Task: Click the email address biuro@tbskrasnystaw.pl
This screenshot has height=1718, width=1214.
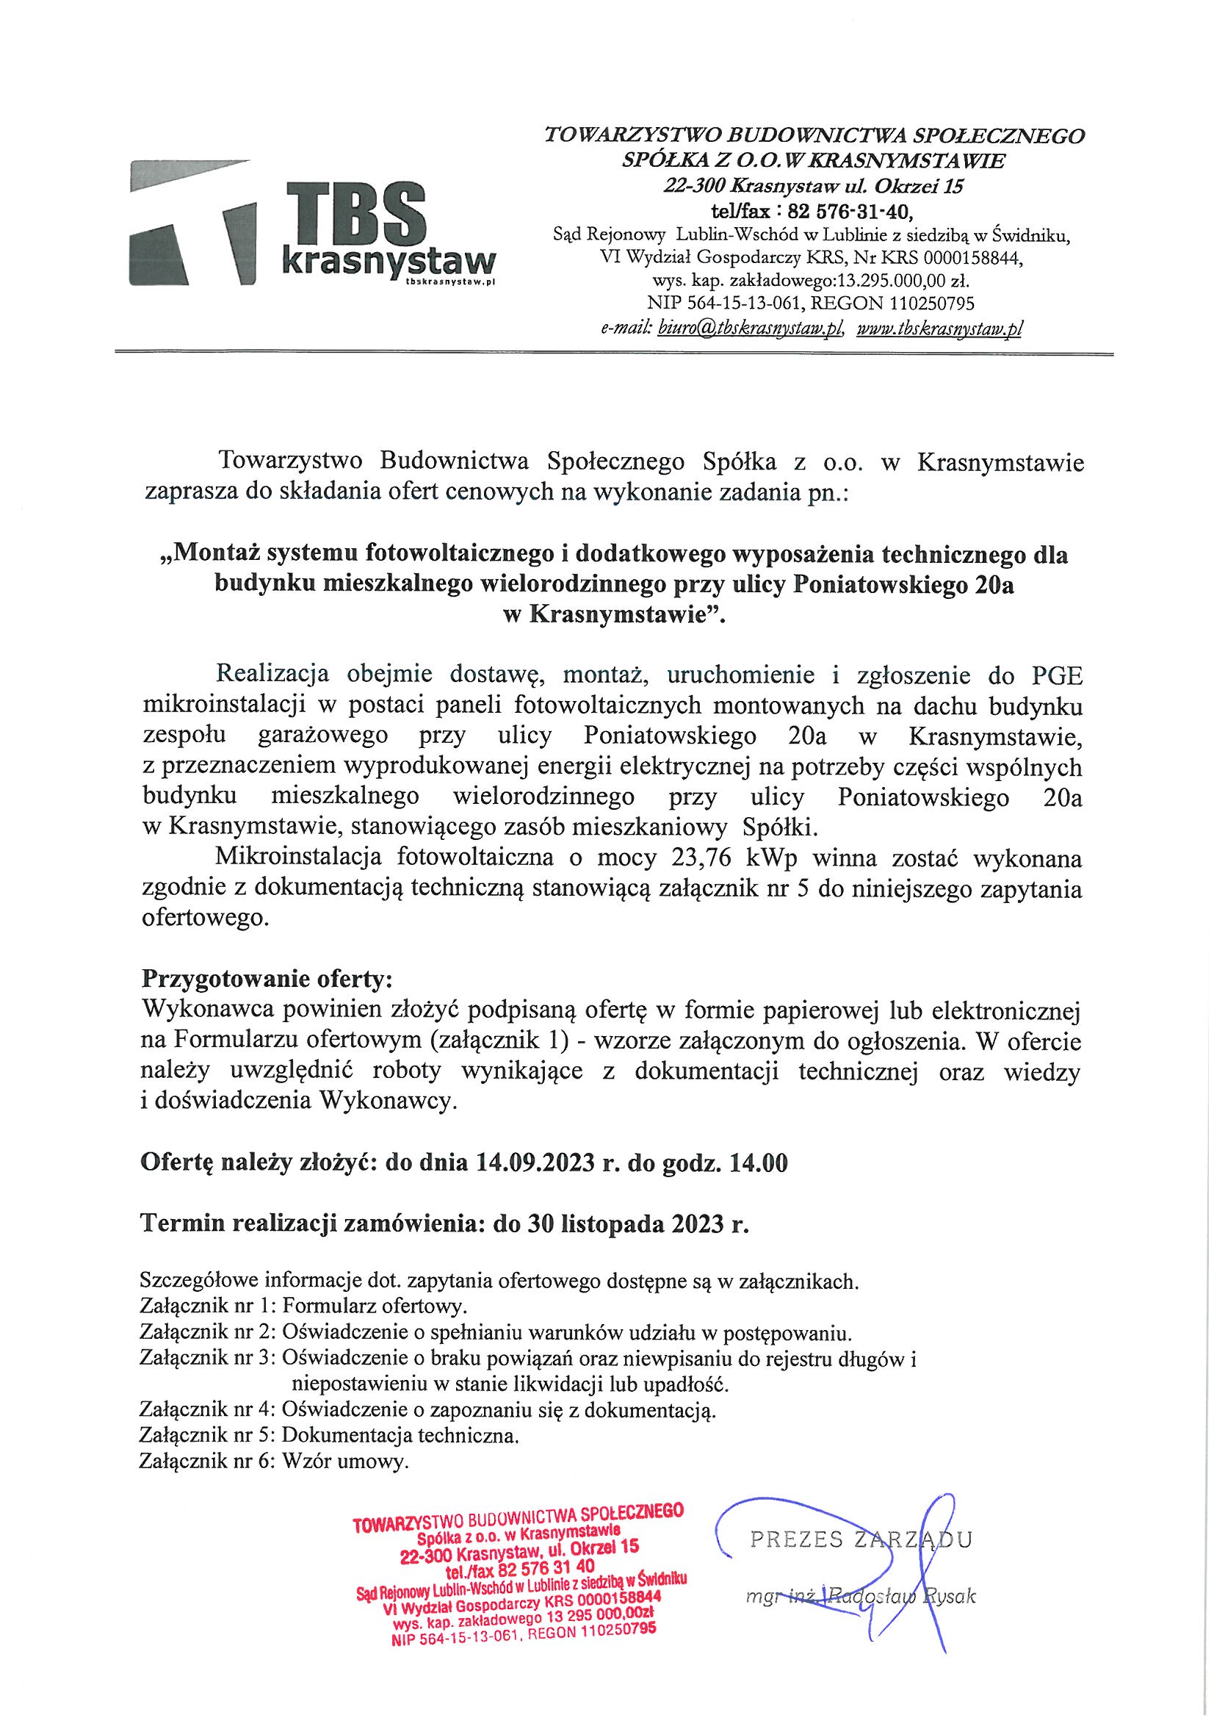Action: tap(749, 328)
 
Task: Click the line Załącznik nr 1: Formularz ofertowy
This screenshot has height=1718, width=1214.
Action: tap(303, 1307)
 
